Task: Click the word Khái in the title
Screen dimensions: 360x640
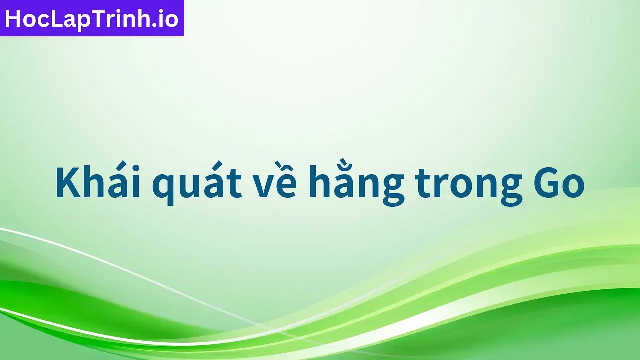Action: pos(96,183)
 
